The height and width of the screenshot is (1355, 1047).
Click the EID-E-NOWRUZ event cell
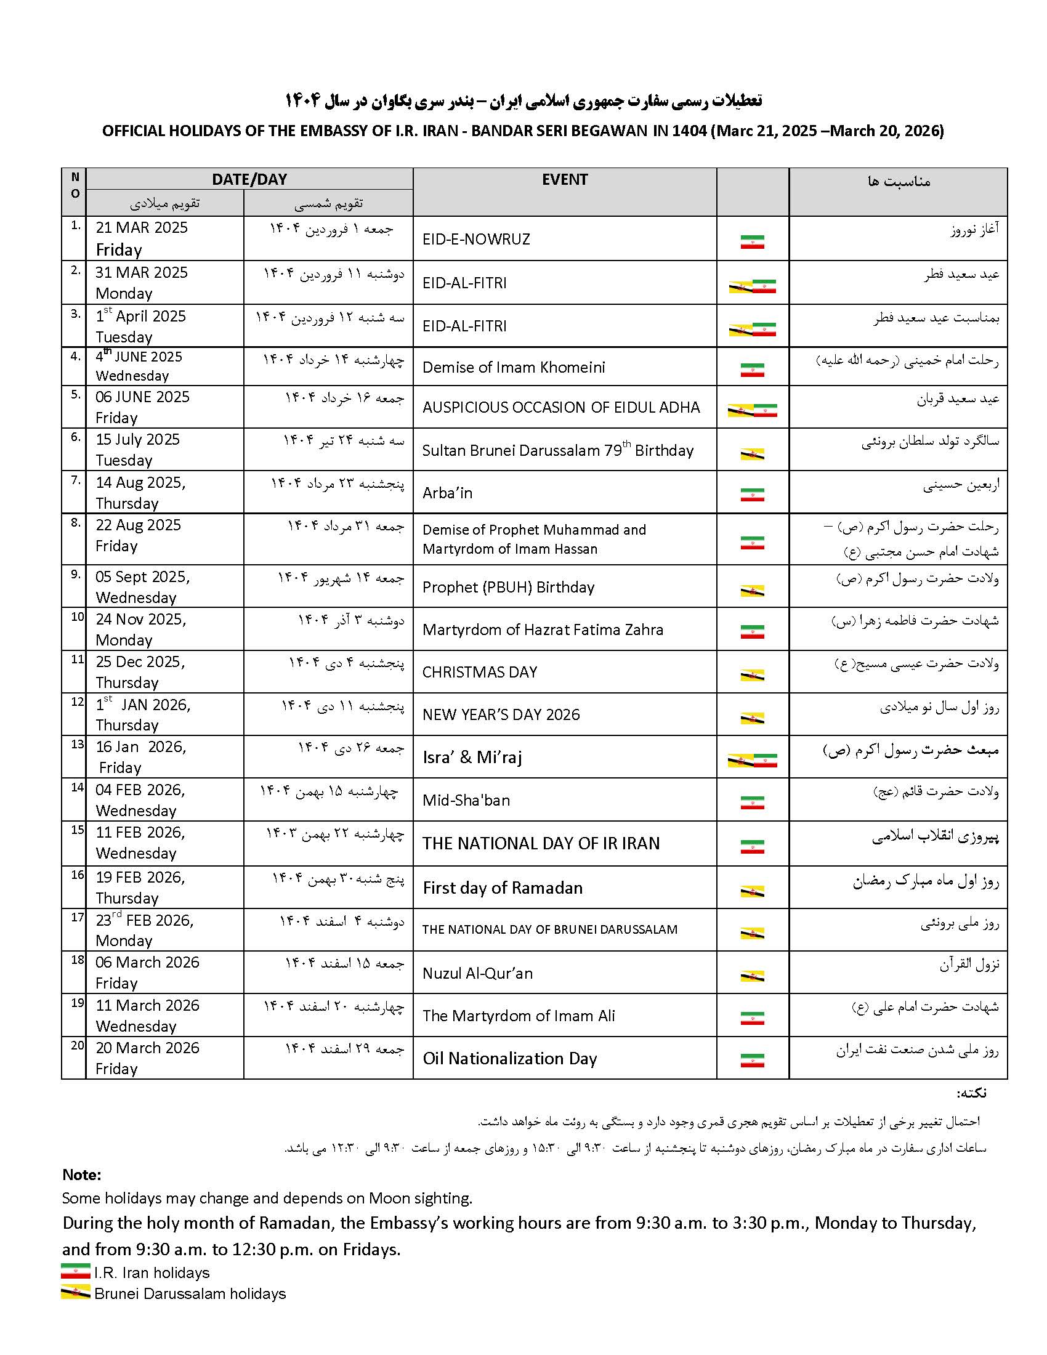coord(475,239)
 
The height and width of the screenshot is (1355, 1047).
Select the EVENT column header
coord(564,180)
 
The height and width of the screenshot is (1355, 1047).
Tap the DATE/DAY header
coord(249,179)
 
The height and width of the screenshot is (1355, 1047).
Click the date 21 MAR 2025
coord(142,228)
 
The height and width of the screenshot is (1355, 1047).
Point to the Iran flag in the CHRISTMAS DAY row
coord(752,674)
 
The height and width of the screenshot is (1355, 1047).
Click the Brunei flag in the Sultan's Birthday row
coord(752,454)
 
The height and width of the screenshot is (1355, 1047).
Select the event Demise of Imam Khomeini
coord(513,367)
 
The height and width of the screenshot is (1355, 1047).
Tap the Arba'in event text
coord(447,493)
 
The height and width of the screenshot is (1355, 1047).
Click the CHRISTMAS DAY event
coord(479,672)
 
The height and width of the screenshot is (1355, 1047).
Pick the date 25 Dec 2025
coord(140,662)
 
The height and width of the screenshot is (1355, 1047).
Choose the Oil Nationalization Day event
coord(509,1058)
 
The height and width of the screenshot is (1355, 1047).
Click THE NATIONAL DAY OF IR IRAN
coord(541,844)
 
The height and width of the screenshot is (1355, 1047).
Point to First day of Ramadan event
coord(503,888)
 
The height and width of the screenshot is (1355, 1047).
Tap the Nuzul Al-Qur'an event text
coord(477,973)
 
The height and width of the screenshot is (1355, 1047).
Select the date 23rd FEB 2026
coord(144,920)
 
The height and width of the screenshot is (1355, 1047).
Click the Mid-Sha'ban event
coord(466,800)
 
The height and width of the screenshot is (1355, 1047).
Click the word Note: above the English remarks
coord(81,1175)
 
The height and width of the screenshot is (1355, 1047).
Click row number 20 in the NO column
coord(77,1045)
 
